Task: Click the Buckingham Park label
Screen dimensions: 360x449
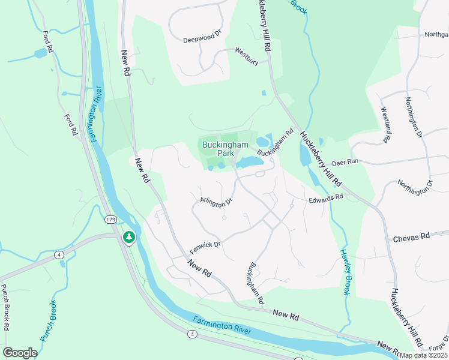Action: point(217,149)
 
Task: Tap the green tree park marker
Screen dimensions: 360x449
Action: point(128,238)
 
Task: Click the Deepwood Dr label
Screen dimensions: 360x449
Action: point(202,40)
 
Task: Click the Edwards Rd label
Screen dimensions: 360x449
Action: point(326,197)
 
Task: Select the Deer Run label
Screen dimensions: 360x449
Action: point(345,162)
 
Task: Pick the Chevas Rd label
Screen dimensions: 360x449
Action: point(412,237)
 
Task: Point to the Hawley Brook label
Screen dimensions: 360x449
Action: point(345,272)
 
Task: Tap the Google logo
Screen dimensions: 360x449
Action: point(20,353)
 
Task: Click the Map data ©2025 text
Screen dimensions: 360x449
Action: point(423,355)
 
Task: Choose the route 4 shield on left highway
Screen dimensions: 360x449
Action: point(59,255)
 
